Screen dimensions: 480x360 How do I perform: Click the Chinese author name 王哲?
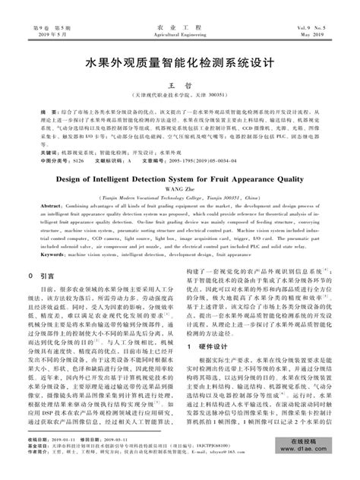[x=180, y=87]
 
